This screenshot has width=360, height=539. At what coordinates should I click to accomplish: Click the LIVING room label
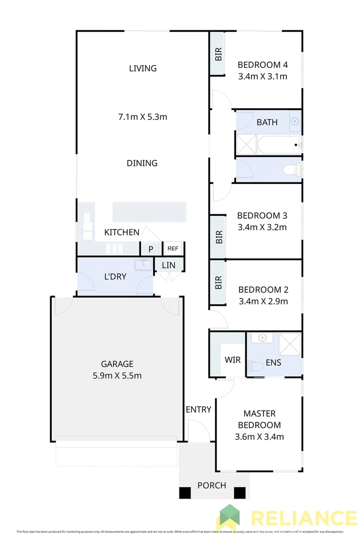click(143, 68)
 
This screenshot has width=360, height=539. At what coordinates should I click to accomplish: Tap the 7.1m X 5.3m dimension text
click(143, 117)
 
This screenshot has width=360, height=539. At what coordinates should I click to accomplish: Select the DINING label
click(142, 163)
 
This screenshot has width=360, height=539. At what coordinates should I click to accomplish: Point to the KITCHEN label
click(121, 232)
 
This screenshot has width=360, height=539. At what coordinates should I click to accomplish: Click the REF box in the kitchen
click(173, 249)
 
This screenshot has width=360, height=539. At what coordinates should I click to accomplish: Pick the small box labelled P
click(151, 249)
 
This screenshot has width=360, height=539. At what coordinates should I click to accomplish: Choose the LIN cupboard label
click(168, 265)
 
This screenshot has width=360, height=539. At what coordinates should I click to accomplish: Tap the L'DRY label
click(115, 277)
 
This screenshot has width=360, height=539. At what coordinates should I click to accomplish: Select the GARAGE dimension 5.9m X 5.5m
click(117, 375)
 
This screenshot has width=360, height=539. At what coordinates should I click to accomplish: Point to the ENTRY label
click(198, 409)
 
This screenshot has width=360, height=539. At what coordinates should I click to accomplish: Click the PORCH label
click(212, 485)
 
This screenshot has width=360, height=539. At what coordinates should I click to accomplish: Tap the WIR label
click(233, 360)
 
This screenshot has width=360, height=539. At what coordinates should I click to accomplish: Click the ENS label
click(274, 363)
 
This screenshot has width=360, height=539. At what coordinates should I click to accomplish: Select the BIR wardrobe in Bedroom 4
click(218, 54)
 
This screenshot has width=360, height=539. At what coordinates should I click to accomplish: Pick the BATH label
click(267, 122)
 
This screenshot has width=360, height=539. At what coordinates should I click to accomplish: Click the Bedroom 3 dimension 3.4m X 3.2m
click(262, 227)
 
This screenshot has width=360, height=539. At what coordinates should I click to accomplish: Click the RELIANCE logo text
click(303, 518)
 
